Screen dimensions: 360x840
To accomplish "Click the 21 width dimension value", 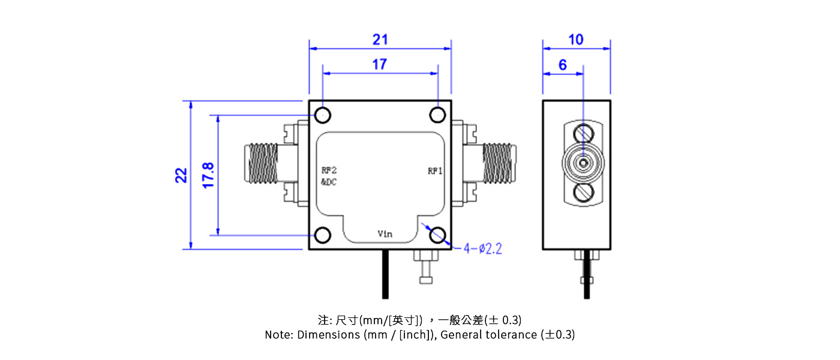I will click(x=380, y=40).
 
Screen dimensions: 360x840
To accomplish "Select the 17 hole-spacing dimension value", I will click(x=380, y=64).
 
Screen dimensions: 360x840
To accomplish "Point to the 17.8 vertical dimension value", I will click(x=208, y=175).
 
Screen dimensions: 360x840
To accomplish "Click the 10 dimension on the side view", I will click(x=575, y=40).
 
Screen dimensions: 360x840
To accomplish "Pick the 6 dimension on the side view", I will click(x=562, y=65).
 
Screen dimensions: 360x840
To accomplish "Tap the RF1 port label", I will click(x=435, y=171).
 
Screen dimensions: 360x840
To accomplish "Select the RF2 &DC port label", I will click(x=329, y=176).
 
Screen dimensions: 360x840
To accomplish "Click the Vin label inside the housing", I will click(x=385, y=234).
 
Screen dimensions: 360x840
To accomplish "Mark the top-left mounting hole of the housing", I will click(x=323, y=114).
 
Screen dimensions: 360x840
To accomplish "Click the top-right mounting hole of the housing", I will click(x=437, y=114).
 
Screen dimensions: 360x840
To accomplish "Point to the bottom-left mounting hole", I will click(x=323, y=235).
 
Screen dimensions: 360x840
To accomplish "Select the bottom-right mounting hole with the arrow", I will click(x=437, y=235).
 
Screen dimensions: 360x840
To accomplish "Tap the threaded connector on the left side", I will click(x=263, y=163).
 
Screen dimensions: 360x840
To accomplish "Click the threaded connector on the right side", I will click(x=500, y=163).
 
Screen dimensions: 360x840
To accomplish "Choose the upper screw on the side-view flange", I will click(x=583, y=133).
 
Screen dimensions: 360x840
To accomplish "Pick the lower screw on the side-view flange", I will click(x=583, y=193).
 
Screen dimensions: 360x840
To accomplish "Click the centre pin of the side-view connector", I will click(x=583, y=163).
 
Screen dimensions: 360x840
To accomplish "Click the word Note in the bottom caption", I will click(x=279, y=335).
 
